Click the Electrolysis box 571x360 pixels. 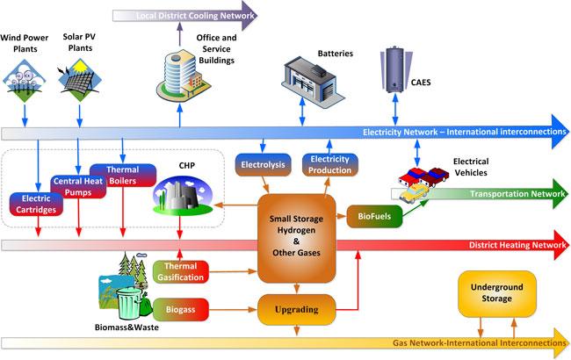(x=263, y=164)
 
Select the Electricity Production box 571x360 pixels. (x=330, y=164)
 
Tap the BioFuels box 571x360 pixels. (x=374, y=216)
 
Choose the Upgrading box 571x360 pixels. (x=296, y=309)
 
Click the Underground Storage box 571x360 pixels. (x=496, y=293)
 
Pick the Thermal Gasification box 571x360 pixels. (x=181, y=271)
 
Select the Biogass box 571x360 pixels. (x=181, y=309)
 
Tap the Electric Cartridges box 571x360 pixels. (x=36, y=204)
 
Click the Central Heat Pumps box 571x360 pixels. (x=78, y=187)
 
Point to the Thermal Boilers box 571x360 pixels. (x=123, y=175)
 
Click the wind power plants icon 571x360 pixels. (x=24, y=81)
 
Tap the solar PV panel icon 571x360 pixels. (x=79, y=81)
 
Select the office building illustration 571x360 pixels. (x=183, y=76)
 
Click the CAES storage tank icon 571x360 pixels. (x=395, y=69)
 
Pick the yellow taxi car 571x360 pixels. (x=414, y=194)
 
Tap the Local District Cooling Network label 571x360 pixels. (x=195, y=16)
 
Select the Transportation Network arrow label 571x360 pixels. (x=517, y=194)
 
